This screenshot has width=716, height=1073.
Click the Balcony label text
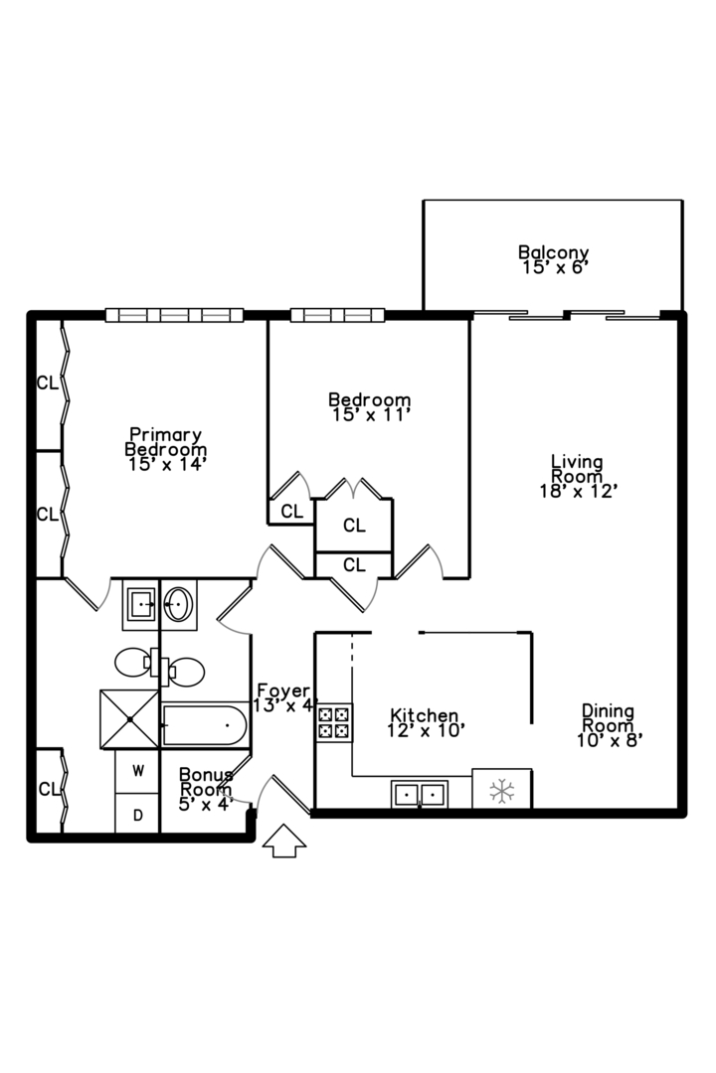click(x=553, y=252)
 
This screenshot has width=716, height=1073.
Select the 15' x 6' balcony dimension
click(x=553, y=267)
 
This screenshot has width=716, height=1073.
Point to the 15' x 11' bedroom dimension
click(x=369, y=415)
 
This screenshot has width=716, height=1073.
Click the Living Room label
click(x=577, y=469)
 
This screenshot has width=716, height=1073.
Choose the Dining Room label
click(x=608, y=718)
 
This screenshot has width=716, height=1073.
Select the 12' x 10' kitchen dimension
click(x=425, y=730)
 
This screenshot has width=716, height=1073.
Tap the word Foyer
click(x=283, y=690)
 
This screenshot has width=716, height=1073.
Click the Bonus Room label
click(x=206, y=781)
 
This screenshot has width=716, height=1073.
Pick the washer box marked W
click(x=137, y=771)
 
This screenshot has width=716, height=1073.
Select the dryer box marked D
click(x=137, y=815)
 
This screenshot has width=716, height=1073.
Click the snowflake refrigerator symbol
click(x=502, y=790)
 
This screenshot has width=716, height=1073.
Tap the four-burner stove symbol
click(x=334, y=722)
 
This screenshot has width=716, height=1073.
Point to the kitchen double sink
click(x=420, y=794)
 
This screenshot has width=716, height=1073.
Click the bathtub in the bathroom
click(x=204, y=727)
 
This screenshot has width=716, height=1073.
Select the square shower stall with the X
click(x=129, y=719)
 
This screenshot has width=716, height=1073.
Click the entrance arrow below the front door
click(x=284, y=841)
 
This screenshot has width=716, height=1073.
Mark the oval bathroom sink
click(x=179, y=603)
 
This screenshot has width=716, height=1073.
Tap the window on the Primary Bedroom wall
click(x=174, y=315)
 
